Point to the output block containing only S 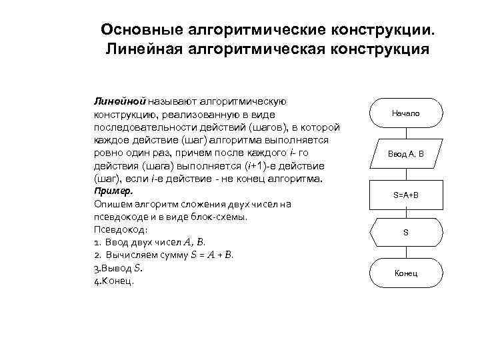click(x=405, y=233)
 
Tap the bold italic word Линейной click(x=119, y=101)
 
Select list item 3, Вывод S click(x=119, y=269)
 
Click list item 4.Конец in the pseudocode click(x=115, y=281)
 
